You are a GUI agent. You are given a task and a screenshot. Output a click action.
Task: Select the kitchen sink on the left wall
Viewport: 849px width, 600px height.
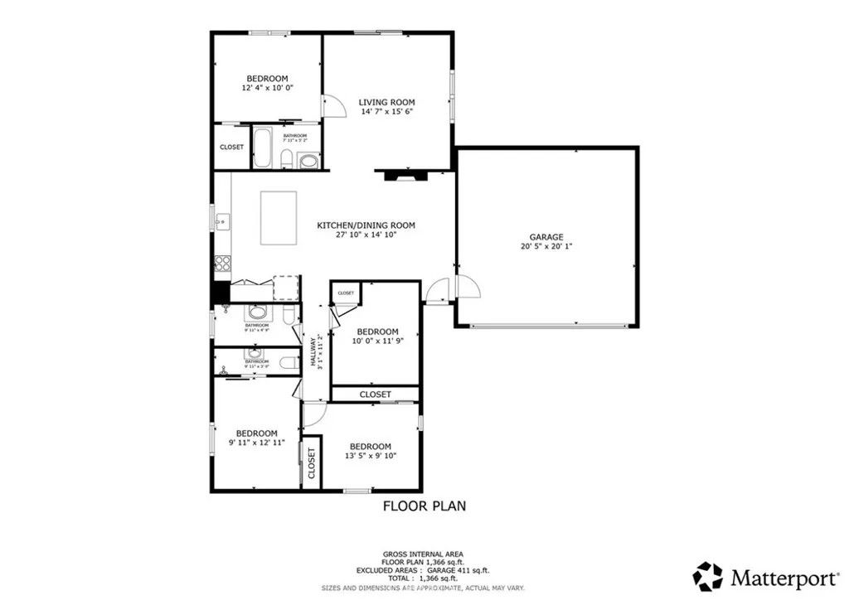[x=221, y=221]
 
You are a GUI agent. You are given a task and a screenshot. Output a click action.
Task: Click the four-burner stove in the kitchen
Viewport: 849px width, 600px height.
[x=223, y=263]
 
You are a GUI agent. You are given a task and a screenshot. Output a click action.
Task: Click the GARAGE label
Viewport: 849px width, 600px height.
[x=546, y=236]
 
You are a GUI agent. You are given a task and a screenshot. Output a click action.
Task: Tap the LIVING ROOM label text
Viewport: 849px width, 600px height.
[x=386, y=103]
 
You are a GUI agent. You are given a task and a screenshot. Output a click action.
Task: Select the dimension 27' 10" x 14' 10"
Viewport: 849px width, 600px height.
[x=366, y=235]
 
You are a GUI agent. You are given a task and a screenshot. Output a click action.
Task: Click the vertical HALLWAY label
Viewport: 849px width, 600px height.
[x=313, y=351]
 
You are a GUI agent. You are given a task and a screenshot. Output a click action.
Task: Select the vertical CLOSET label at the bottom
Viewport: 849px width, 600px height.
[x=311, y=464]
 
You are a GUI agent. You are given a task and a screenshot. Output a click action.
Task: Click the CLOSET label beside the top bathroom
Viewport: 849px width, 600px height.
[x=231, y=147]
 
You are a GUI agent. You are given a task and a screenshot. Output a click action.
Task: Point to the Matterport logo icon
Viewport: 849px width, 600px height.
[x=707, y=575]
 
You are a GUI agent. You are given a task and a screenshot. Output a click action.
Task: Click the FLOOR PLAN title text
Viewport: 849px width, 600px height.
[x=424, y=505]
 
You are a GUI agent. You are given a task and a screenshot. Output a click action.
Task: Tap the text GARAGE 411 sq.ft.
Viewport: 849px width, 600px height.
[x=458, y=570]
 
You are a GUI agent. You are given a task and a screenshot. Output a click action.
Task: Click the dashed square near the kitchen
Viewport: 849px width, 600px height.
[x=284, y=286]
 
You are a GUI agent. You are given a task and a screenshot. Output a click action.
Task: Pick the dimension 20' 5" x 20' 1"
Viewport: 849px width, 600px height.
[x=546, y=246]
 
